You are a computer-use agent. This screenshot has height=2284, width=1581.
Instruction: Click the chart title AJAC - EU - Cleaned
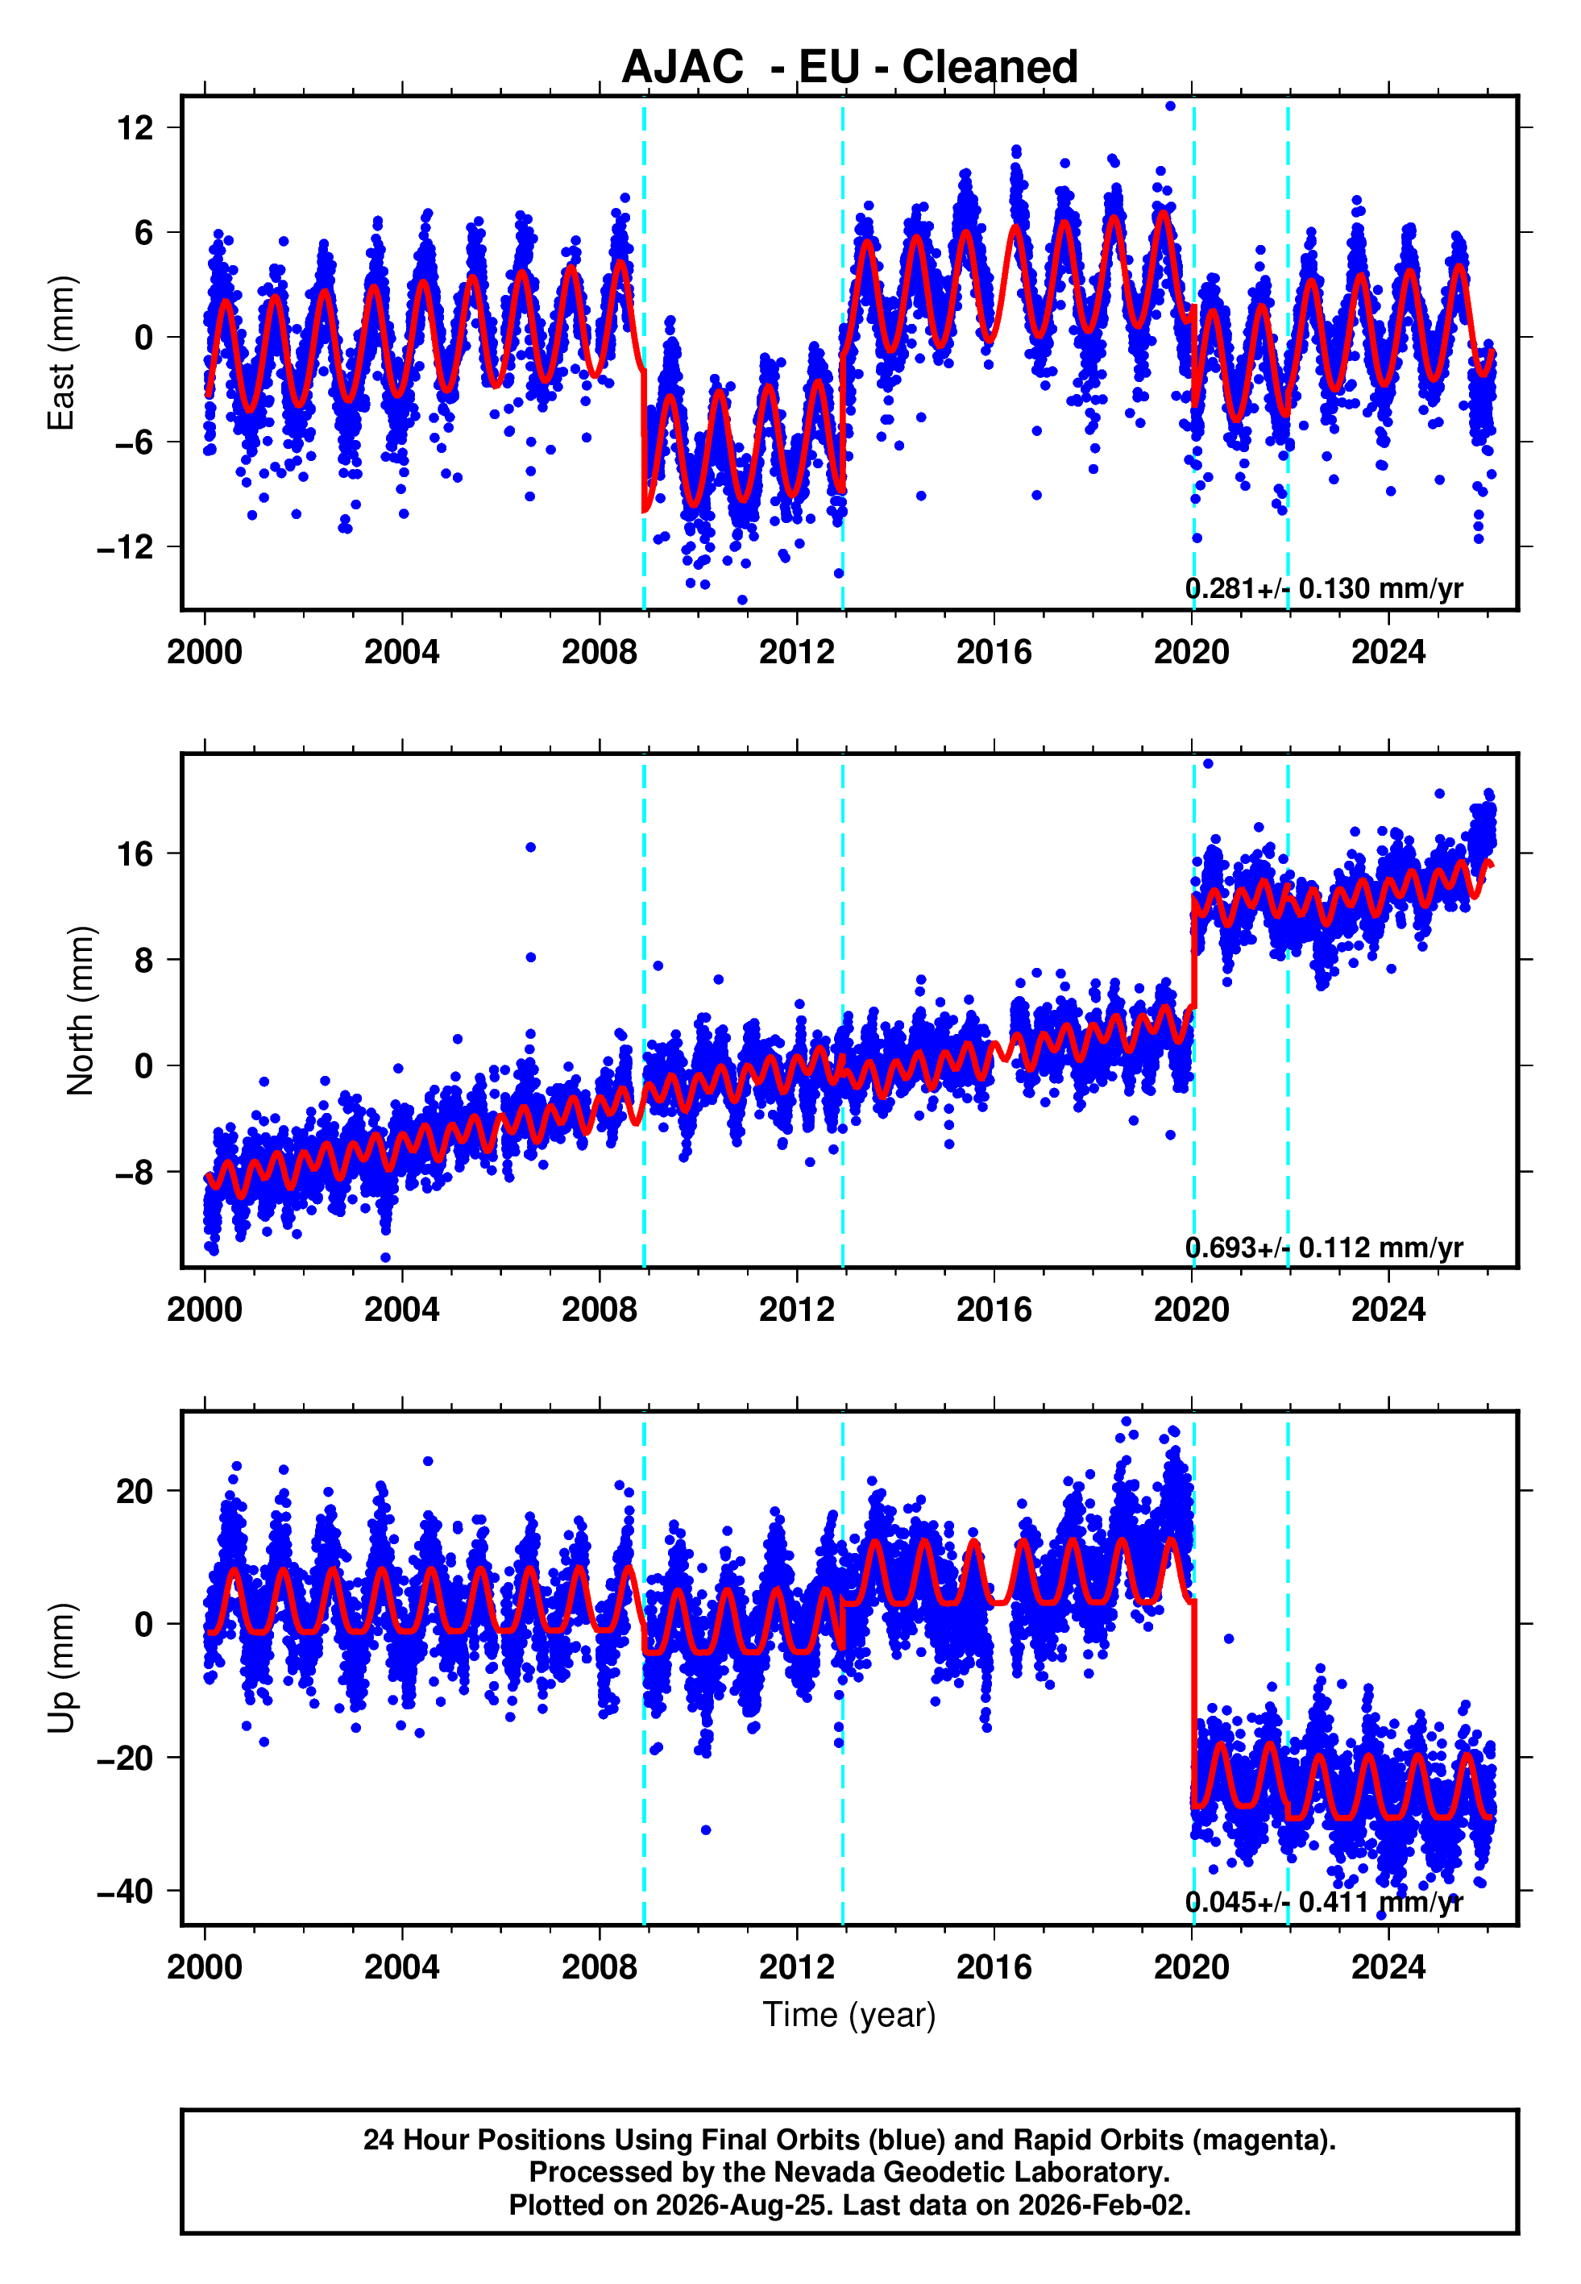[x=849, y=68]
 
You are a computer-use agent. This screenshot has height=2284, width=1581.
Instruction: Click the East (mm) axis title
[x=61, y=353]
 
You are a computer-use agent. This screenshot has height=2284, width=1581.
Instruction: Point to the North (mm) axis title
[x=81, y=1011]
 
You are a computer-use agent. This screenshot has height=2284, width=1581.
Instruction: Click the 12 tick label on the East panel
[x=135, y=128]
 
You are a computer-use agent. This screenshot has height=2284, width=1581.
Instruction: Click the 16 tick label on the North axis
[x=135, y=853]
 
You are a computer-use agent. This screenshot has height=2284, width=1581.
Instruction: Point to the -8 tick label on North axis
[x=135, y=1173]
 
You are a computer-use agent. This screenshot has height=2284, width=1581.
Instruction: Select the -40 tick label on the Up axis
[x=125, y=1891]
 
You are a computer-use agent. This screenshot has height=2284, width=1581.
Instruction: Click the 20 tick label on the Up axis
[x=135, y=1491]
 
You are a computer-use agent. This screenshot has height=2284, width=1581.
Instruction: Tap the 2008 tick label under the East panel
[x=600, y=652]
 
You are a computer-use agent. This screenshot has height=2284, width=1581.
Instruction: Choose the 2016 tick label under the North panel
[x=994, y=1310]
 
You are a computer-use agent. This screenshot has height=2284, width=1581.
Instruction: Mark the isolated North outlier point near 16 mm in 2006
[x=531, y=847]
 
